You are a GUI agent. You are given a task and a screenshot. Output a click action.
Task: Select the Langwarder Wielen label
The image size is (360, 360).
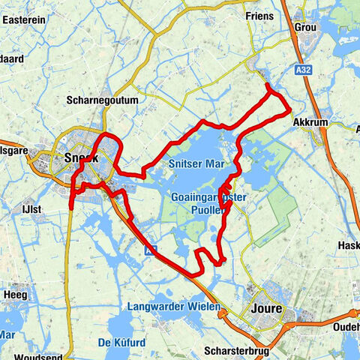[x=173, y=307]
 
